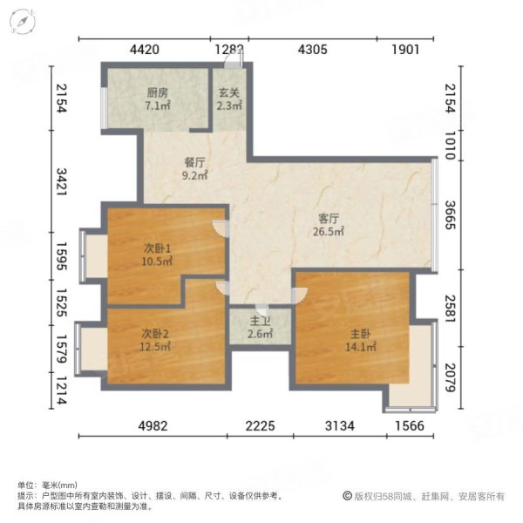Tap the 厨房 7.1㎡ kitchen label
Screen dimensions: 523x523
coord(158,98)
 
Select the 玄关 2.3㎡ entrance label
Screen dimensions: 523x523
coord(229,98)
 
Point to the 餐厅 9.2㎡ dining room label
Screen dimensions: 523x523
coord(194,168)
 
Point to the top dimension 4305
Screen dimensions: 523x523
coord(312,50)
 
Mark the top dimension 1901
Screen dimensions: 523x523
coord(405,50)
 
